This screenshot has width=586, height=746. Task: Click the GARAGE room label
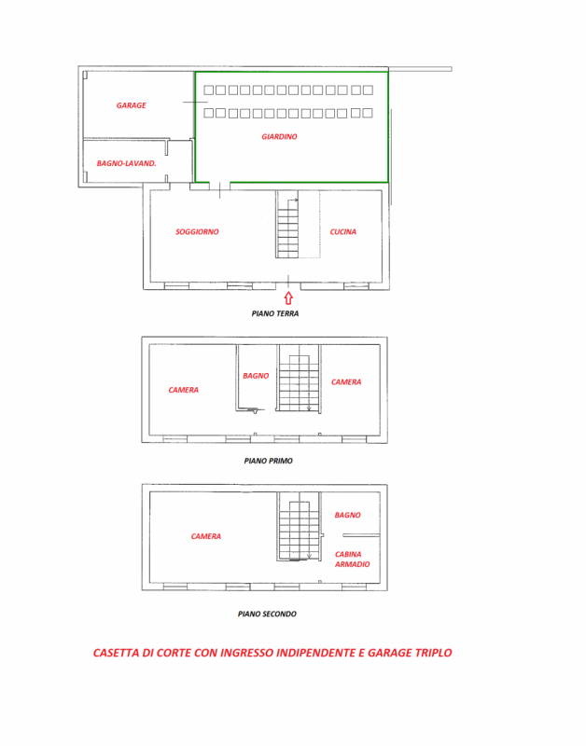click(x=131, y=105)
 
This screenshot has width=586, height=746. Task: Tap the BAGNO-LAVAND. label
click(x=126, y=163)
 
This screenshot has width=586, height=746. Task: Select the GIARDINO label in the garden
click(x=279, y=137)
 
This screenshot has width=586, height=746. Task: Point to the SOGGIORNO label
click(x=197, y=231)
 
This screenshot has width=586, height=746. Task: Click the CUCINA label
click(x=342, y=231)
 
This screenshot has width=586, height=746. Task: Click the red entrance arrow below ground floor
click(x=288, y=298)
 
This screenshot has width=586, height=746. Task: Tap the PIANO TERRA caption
click(x=275, y=314)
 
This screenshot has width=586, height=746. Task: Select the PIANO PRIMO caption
click(x=268, y=461)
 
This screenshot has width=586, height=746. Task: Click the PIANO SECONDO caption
click(x=267, y=614)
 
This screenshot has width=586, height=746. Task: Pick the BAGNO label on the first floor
click(x=256, y=376)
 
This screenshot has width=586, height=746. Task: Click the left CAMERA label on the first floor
click(x=183, y=390)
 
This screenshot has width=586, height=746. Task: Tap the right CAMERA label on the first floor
click(x=346, y=381)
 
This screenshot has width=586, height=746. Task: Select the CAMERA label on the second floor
click(x=206, y=536)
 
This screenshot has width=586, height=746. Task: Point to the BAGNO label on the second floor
click(x=347, y=515)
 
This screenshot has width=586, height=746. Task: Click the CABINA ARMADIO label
click(x=352, y=559)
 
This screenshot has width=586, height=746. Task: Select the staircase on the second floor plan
click(x=299, y=529)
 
